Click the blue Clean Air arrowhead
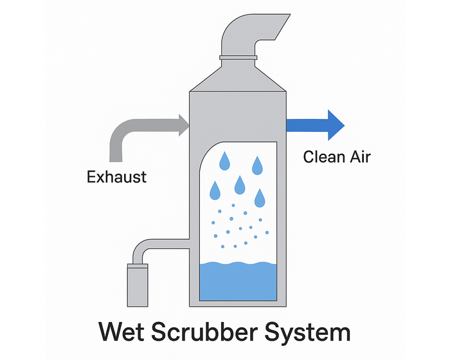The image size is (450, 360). [x=335, y=125]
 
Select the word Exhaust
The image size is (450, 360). [x=116, y=175]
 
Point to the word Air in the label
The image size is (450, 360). [x=359, y=156]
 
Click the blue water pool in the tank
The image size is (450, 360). [x=238, y=283]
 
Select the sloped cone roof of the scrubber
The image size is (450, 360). [x=238, y=77]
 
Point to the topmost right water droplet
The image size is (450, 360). [x=257, y=165]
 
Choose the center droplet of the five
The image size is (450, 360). [x=240, y=185]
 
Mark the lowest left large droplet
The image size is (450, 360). [x=215, y=190]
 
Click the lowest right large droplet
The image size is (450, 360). [x=260, y=199]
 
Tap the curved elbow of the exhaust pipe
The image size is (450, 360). [x=120, y=131]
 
